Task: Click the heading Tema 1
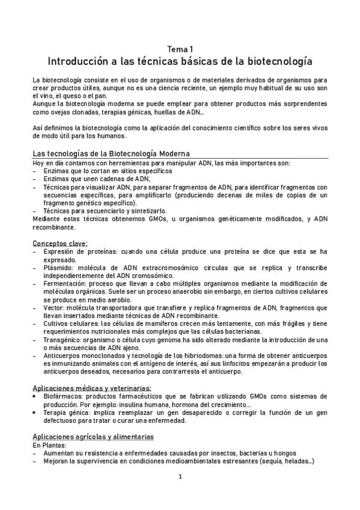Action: [x=180, y=49]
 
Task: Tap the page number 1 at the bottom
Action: [x=180, y=477]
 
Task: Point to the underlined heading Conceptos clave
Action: [x=59, y=243]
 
